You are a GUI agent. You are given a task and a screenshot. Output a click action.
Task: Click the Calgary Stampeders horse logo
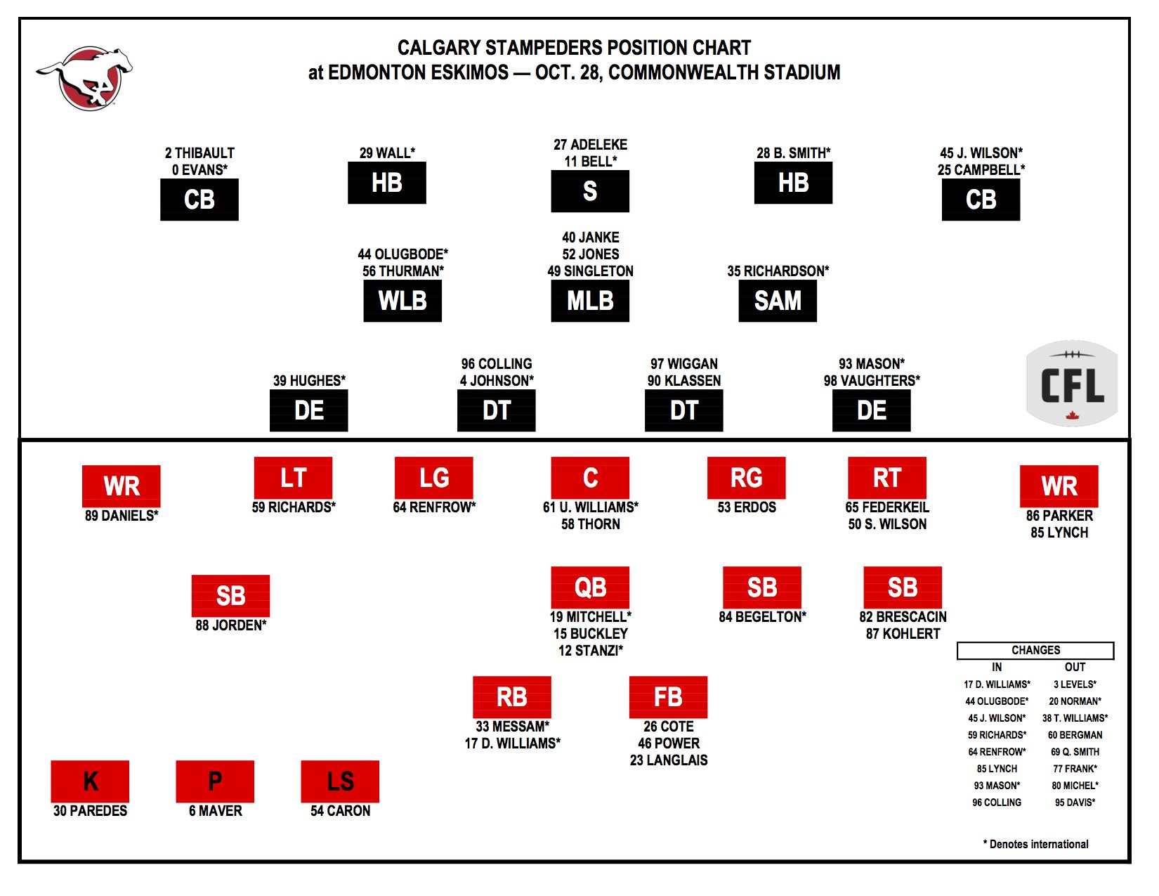(85, 78)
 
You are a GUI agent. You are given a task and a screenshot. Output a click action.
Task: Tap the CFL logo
(1071, 383)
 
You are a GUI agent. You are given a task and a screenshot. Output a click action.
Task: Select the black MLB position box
(590, 301)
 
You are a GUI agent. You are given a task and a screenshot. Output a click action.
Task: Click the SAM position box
(777, 301)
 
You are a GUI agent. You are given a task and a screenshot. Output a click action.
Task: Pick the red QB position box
(590, 587)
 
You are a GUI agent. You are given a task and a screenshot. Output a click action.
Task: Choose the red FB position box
(668, 697)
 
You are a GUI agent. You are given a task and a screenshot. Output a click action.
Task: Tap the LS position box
(340, 781)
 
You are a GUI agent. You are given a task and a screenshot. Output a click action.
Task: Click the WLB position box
(402, 301)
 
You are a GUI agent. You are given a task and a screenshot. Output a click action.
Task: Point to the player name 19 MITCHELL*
(591, 617)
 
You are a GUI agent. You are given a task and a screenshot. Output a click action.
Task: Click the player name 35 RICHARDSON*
(778, 271)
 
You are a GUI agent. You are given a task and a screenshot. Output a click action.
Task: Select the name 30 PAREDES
(90, 811)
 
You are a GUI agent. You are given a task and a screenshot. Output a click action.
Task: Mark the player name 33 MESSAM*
(512, 727)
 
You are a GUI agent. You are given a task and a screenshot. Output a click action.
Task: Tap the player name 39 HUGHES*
(309, 380)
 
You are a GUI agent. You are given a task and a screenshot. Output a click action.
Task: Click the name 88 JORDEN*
(230, 625)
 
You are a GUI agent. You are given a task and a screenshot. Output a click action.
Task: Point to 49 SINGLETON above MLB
(591, 271)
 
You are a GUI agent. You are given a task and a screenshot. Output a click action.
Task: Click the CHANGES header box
(1035, 651)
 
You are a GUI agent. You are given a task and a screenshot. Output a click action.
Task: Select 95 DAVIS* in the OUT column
(1075, 803)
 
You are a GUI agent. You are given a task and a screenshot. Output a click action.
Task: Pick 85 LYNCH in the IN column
(997, 769)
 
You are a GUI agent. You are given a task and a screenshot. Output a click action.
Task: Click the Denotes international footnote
(1035, 844)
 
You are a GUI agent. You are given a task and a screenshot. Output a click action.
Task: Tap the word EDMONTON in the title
(418, 72)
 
